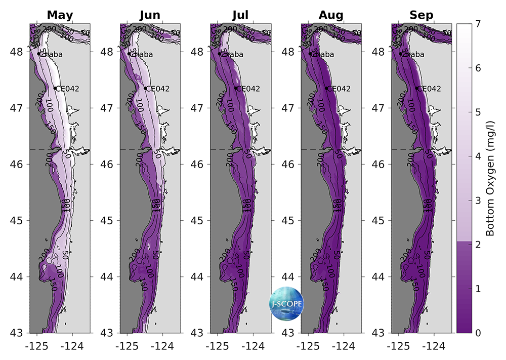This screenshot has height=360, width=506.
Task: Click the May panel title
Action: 60,15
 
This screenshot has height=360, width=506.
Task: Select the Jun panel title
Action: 150,15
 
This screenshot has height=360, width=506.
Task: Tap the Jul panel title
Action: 240,15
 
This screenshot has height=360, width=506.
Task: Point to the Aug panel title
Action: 331,15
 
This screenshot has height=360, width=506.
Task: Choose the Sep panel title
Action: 421,15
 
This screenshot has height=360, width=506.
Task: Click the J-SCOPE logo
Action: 286,303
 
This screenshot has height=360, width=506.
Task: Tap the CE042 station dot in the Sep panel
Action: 417,88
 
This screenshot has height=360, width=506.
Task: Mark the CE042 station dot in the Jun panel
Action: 145,88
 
